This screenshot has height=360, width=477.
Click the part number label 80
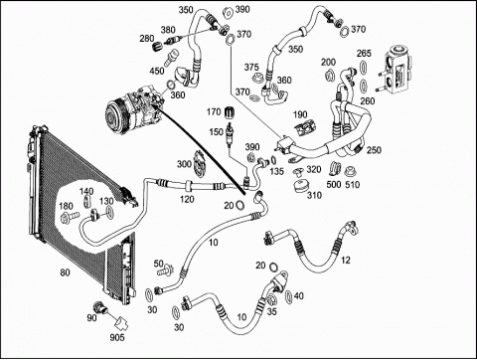point(65,272)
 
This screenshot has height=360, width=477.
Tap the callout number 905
point(117,337)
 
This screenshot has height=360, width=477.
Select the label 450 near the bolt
point(157,71)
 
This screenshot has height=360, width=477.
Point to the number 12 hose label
point(346,261)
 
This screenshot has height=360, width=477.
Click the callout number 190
point(300,114)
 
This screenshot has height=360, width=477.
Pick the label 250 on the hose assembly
point(374,150)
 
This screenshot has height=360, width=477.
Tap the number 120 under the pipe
point(187,199)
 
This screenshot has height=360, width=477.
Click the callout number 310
point(314,195)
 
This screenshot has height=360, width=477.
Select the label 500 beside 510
point(334,184)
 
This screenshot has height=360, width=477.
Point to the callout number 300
point(184,164)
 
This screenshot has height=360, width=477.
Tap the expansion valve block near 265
point(397,70)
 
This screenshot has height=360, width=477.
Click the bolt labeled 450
point(170,58)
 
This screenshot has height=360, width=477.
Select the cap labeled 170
point(228,112)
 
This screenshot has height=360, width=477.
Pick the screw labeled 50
point(167,270)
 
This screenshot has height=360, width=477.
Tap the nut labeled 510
point(349,172)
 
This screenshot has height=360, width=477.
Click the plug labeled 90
point(100,307)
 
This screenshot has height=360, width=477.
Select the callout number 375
point(251,68)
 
